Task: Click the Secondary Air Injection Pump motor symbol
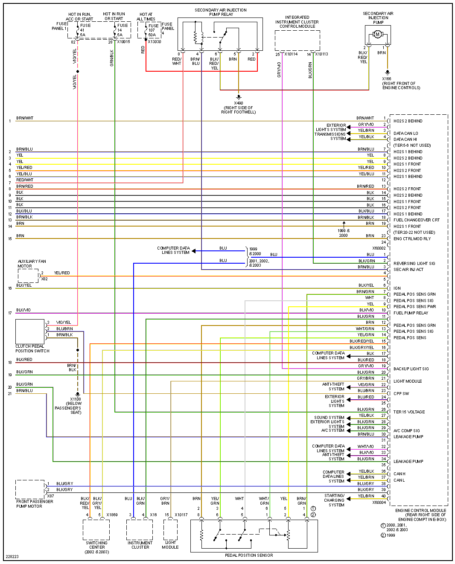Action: pos(378,34)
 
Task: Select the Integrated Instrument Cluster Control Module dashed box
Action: pos(297,41)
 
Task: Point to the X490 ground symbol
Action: pos(239,97)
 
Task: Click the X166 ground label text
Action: pos(401,83)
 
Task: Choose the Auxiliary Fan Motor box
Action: pos(28,276)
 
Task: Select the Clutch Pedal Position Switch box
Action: pos(30,331)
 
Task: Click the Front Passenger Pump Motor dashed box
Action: pos(30,489)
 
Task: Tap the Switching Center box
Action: pos(96,530)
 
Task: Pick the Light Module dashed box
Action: pos(170,530)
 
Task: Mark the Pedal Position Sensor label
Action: pos(249,555)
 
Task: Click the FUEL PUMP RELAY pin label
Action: pos(411,313)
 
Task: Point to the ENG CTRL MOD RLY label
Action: pos(412,239)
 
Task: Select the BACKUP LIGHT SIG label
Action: pos(411,369)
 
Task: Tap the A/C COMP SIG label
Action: pos(406,431)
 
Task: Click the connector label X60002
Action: pos(379,248)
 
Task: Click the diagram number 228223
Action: pos(12,557)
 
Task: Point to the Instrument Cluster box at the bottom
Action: pos(140,530)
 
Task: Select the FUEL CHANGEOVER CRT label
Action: pos(416,220)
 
